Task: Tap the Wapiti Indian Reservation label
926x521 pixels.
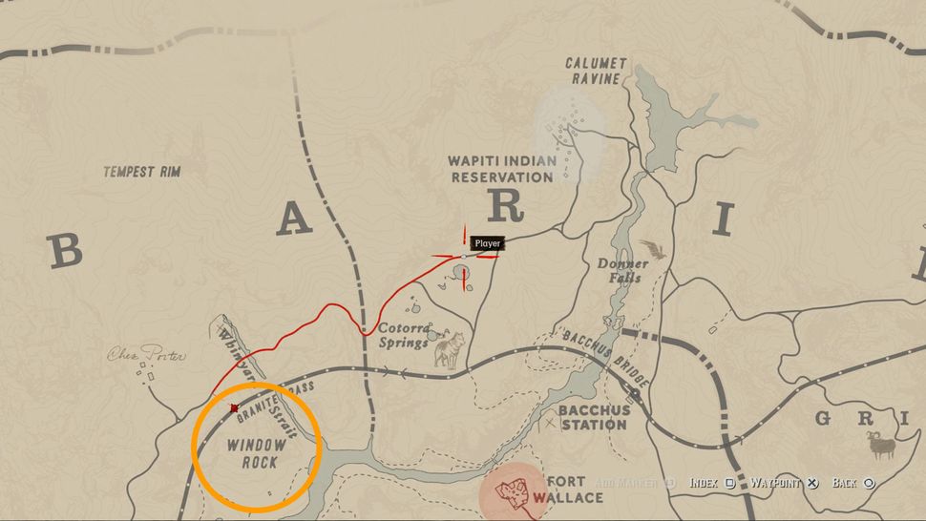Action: (x=501, y=169)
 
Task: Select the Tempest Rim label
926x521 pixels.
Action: (x=142, y=172)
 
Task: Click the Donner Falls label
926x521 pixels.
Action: (x=621, y=270)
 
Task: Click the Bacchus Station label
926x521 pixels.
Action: (x=593, y=417)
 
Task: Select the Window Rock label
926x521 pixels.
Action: (x=253, y=453)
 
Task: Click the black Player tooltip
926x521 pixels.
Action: (x=487, y=243)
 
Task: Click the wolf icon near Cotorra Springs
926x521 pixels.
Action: (x=449, y=349)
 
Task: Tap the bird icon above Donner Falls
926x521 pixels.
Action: (x=654, y=250)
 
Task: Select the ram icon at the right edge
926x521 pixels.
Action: (x=878, y=445)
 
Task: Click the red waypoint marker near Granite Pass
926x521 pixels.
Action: (x=234, y=408)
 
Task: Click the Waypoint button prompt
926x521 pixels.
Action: (x=784, y=483)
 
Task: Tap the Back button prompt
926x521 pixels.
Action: (x=852, y=483)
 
